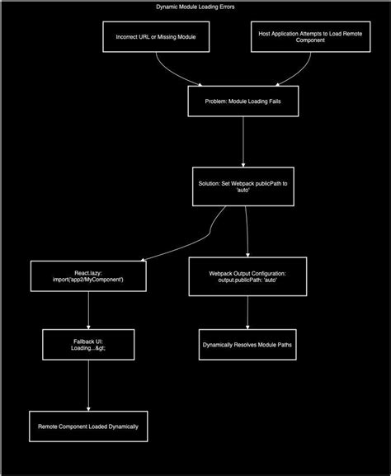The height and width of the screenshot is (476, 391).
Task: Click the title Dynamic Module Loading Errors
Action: (195, 7)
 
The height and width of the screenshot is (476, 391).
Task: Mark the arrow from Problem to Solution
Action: (243, 142)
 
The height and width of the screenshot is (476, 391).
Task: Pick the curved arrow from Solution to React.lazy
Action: (210, 234)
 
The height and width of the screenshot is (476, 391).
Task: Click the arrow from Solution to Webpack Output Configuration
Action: (247, 232)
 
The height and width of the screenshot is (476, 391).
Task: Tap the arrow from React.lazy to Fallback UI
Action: (88, 310)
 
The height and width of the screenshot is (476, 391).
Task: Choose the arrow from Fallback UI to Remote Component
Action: (88, 385)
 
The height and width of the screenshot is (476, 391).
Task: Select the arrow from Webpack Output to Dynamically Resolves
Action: (247, 313)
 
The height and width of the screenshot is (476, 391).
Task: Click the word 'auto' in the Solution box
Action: (243, 190)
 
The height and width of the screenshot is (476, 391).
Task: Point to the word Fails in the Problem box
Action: (275, 101)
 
